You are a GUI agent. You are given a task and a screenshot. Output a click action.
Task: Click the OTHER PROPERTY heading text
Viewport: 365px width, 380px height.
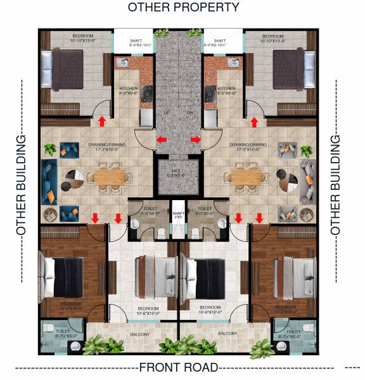coord(183,8)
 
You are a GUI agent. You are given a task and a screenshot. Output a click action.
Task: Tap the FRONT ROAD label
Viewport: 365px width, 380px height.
coord(178,367)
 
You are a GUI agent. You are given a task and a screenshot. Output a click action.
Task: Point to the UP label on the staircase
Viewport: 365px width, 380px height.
coord(167,112)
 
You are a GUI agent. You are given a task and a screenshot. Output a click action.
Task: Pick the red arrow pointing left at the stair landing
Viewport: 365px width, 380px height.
coord(163,139)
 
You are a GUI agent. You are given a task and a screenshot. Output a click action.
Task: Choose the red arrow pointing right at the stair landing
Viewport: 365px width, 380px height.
coord(195,139)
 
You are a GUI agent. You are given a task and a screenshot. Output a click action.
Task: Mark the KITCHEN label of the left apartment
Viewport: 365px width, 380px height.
coord(129,89)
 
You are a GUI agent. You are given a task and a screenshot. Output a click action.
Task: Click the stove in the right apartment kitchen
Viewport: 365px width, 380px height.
coord(209,94)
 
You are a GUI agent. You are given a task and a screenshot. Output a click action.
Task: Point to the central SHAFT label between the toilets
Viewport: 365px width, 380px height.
coord(178,214)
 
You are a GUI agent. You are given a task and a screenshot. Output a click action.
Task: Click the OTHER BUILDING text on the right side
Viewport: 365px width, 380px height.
coord(336,184)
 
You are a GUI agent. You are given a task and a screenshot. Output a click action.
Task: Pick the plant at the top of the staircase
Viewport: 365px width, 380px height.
coord(163,34)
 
